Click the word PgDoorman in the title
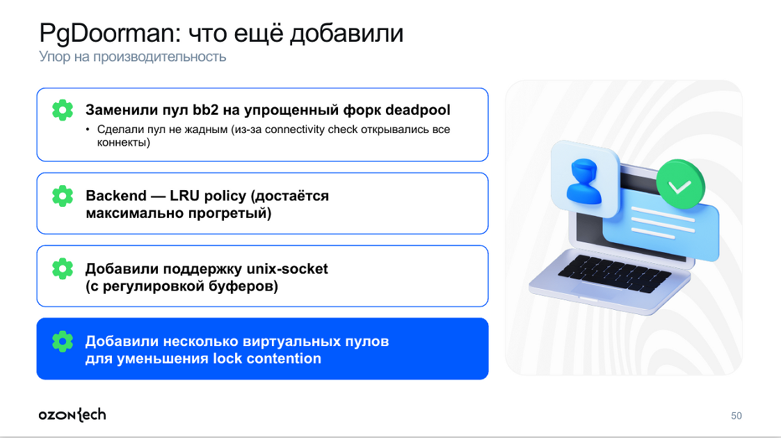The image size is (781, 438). point(107,34)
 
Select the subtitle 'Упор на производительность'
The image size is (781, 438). point(133,57)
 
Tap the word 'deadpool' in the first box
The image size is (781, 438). point(417,110)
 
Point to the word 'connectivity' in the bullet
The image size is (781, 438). point(294,130)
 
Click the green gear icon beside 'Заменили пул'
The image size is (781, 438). point(63,110)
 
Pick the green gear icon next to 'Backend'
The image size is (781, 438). point(63,196)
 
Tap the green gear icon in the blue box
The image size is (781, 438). point(63,342)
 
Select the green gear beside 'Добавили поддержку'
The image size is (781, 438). point(63,269)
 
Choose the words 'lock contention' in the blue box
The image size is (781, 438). point(267,359)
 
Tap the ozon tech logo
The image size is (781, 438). point(72,415)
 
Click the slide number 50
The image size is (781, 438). point(736,416)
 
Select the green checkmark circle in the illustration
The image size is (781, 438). point(680,185)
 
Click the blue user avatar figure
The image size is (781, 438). point(583,181)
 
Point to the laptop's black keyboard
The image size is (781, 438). point(615,274)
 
